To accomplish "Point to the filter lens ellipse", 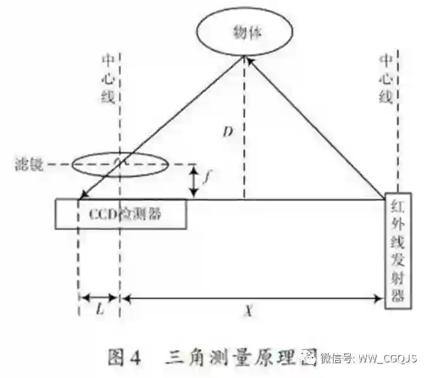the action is pos(120,163).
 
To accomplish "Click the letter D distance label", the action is pos(227,132).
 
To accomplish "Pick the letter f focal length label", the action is pos(207,177).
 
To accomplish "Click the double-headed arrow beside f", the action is pos(193,182).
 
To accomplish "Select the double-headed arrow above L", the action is pos(99,297).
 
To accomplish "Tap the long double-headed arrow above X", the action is pos(251,297).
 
